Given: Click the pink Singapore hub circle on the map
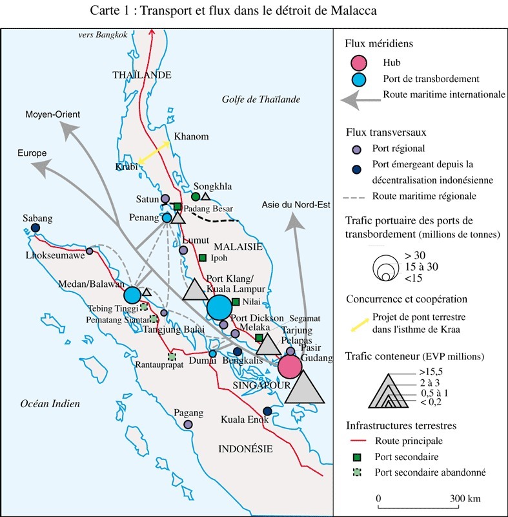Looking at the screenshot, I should point(290,366).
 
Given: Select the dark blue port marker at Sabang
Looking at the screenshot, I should point(36,228).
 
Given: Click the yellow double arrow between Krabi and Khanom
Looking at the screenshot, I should point(153,154).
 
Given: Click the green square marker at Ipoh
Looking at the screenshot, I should point(203,258).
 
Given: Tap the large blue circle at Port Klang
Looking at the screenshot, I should point(219,307).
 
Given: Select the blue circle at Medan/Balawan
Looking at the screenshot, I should point(132,295).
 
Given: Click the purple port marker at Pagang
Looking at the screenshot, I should point(188,424).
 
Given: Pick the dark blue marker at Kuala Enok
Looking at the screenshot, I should point(267,411).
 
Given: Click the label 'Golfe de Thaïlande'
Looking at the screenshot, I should point(261,99).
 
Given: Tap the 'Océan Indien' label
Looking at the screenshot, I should point(50,404).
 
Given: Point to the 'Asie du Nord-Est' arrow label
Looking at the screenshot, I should point(296,205).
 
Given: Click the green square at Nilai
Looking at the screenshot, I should point(236,302).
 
